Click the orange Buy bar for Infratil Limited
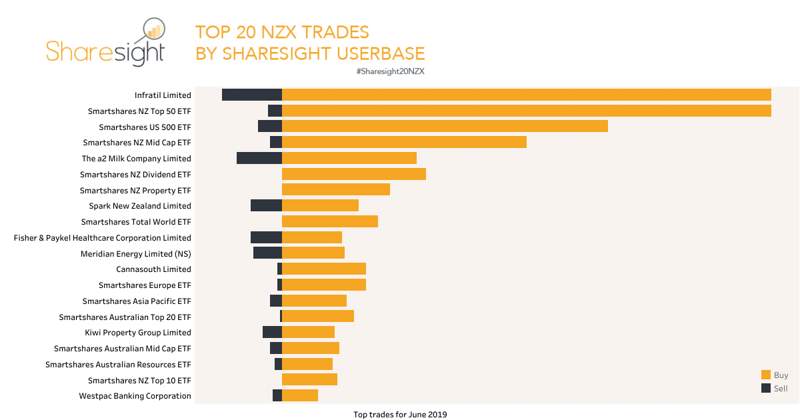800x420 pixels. point(527,95)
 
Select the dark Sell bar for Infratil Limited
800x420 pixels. point(252,95)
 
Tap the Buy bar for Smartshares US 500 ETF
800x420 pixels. point(445,126)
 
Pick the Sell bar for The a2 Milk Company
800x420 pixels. point(259,158)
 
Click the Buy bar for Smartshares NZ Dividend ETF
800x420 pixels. point(354,174)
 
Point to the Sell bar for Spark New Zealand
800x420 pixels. point(266,205)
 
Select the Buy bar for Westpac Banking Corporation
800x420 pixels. point(300,395)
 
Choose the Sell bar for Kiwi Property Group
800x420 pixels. point(272,332)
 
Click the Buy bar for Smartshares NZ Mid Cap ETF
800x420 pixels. point(404,142)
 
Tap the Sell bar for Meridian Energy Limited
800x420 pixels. point(267,253)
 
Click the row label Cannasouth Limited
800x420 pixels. point(153,269)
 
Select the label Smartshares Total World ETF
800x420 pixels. point(136,222)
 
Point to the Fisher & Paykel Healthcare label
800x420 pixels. point(103,238)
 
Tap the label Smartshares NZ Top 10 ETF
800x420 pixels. point(139,380)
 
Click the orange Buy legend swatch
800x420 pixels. point(765,375)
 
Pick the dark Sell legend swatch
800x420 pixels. point(765,388)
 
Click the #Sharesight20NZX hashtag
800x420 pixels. point(391,71)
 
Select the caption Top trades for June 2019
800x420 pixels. point(400,415)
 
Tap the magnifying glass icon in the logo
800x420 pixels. point(153,31)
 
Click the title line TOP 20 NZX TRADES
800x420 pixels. point(282,32)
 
